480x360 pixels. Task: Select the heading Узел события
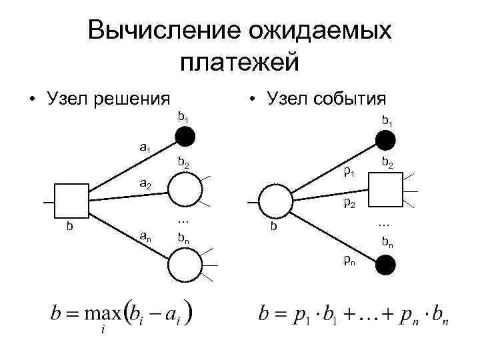tap(325, 99)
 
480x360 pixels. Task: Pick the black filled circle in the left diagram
tap(185, 137)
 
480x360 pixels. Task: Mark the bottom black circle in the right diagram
tap(386, 265)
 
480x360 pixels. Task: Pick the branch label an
tap(144, 234)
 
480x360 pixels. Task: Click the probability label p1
tap(349, 173)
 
